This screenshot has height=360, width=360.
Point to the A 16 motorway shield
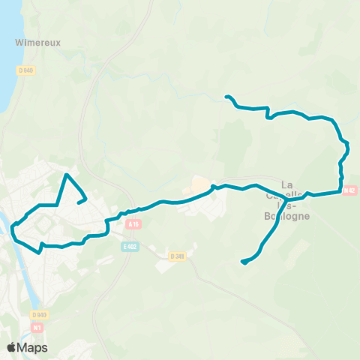tap(133, 224)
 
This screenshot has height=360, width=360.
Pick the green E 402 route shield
tap(130, 246)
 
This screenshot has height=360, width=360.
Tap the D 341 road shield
tap(177, 256)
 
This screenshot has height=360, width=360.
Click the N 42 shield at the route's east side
tap(349, 191)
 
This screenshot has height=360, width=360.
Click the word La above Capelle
tap(286, 184)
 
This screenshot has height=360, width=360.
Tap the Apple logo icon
tap(11, 347)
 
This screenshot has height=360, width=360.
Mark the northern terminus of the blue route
tap(226, 97)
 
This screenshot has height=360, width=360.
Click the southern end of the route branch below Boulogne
tap(242, 262)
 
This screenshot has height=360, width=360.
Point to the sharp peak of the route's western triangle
tap(67, 175)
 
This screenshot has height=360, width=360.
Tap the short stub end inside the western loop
tap(79, 202)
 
